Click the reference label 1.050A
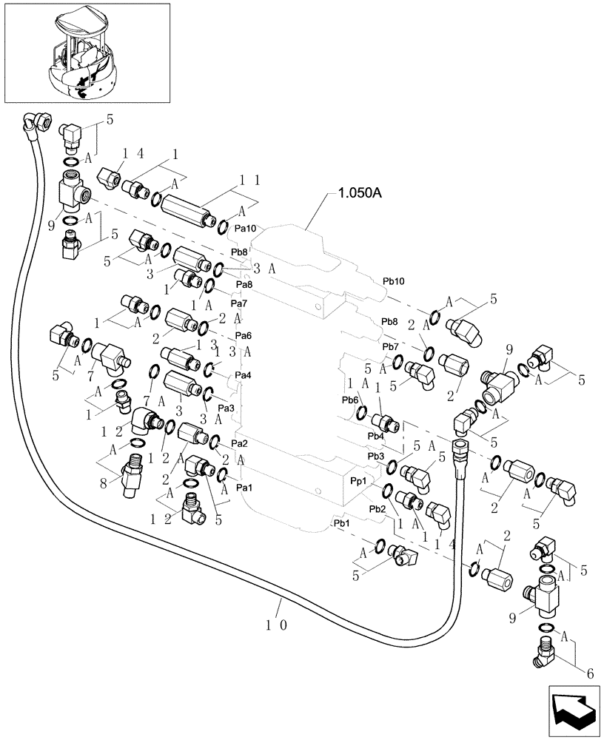[360, 194]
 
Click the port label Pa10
[246, 229]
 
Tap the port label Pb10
[394, 281]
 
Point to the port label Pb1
[341, 524]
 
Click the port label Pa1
[244, 488]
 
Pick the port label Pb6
[350, 400]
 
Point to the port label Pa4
[244, 375]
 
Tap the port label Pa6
[244, 336]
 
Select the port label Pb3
[375, 457]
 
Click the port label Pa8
[244, 284]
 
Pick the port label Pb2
[377, 510]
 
